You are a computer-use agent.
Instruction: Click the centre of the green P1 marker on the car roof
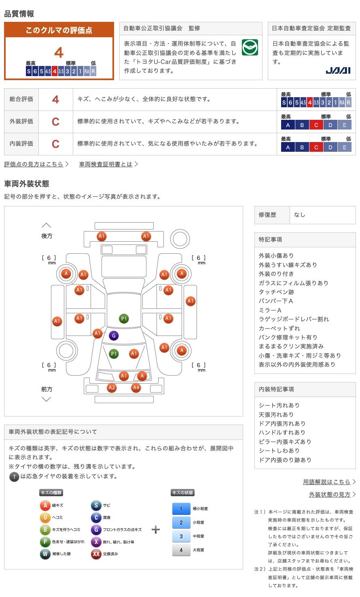click(124, 319)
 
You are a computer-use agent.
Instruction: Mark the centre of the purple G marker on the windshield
click(114, 336)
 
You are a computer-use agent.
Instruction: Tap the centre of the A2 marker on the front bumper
click(112, 387)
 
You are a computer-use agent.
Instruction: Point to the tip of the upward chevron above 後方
click(47, 223)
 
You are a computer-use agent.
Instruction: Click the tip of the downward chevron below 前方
click(47, 402)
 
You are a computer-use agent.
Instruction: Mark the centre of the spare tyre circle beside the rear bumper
click(180, 239)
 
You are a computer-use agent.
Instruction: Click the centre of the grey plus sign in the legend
click(156, 529)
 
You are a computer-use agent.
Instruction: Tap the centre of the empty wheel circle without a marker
click(66, 351)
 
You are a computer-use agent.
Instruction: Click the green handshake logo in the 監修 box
click(250, 47)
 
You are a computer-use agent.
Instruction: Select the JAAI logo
click(338, 70)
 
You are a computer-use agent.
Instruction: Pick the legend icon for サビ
click(96, 505)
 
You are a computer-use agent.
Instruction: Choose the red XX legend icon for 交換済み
click(96, 554)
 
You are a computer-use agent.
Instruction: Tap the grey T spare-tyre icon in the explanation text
click(14, 476)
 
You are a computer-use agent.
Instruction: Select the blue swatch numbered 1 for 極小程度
click(181, 508)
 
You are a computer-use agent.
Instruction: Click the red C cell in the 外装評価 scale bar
click(316, 125)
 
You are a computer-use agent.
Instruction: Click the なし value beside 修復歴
click(300, 215)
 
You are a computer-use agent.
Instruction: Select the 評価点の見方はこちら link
click(34, 164)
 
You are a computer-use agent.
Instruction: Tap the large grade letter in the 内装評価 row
click(55, 144)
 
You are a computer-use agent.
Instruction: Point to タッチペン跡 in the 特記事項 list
click(276, 292)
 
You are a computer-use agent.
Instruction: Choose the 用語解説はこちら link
click(326, 482)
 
